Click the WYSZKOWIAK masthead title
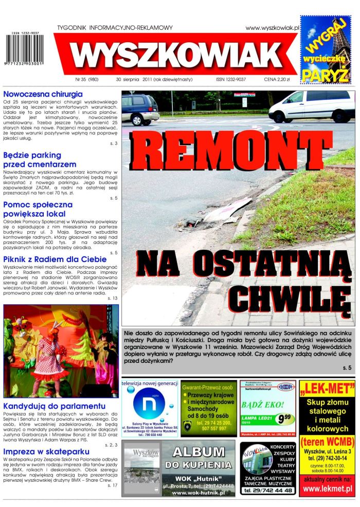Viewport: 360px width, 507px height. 177,55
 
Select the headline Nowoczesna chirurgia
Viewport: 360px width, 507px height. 43,94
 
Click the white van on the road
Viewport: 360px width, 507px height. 311,106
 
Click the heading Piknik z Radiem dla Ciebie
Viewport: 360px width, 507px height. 55,259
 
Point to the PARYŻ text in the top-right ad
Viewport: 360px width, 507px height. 325,75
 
